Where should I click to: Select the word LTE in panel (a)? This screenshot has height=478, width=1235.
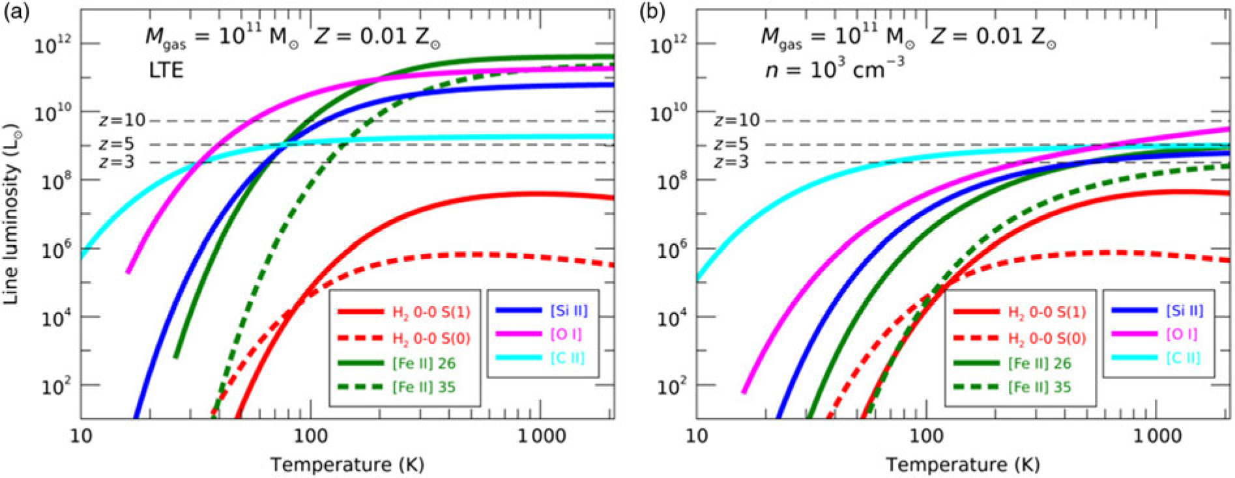(164, 70)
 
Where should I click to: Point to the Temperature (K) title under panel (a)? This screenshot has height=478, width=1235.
(347, 464)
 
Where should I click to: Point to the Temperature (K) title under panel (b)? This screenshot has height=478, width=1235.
(963, 464)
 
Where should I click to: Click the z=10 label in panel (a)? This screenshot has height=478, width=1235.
(122, 121)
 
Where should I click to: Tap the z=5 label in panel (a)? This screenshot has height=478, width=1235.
(117, 145)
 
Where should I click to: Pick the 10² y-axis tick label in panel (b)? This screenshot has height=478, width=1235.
(669, 386)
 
